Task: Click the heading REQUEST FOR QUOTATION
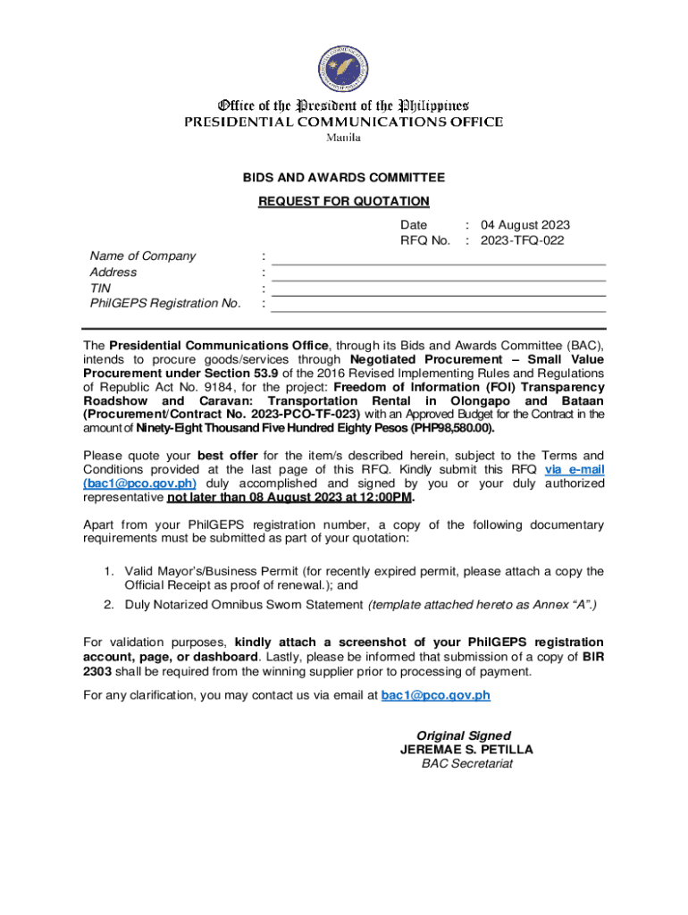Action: tap(344, 202)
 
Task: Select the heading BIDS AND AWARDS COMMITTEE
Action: tap(344, 178)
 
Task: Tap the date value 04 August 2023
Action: tap(524, 225)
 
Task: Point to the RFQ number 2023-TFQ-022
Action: tap(522, 240)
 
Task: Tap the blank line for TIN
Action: tap(438, 294)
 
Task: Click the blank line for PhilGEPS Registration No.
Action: tap(438, 310)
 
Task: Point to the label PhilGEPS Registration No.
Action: tap(165, 304)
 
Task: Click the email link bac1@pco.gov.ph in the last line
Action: tap(435, 695)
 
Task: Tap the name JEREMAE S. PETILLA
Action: tap(466, 751)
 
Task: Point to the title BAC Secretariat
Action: tap(466, 764)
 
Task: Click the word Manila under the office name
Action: tap(343, 138)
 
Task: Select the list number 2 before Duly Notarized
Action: tap(106, 605)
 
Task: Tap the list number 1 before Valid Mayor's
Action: tap(106, 571)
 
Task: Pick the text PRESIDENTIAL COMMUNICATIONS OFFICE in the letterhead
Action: tap(343, 122)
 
